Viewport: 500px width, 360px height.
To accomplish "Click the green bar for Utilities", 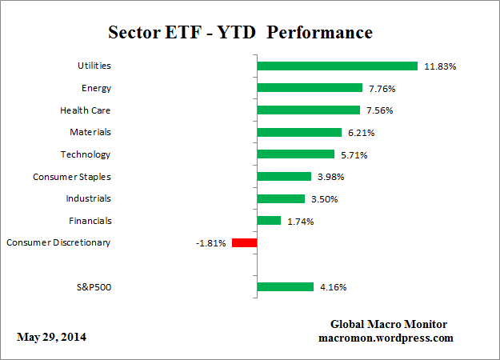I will (x=336, y=66).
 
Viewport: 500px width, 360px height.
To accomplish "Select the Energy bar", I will (x=310, y=88).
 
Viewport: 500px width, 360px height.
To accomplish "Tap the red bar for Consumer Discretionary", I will (x=243, y=242).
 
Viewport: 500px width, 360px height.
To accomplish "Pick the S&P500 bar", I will (x=284, y=286).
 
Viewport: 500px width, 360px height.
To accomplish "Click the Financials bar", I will (x=268, y=220).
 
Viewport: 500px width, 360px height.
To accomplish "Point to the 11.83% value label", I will (x=440, y=66).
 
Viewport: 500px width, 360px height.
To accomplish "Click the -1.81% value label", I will (x=210, y=242).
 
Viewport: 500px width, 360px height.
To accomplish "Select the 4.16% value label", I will (x=333, y=286).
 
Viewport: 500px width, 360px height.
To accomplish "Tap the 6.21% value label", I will (x=361, y=132).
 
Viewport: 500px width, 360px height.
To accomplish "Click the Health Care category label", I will (x=85, y=110).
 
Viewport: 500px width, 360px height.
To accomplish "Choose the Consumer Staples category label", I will (x=71, y=176).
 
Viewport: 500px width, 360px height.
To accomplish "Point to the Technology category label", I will (x=85, y=154).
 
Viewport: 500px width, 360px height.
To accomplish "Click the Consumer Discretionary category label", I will (x=58, y=242).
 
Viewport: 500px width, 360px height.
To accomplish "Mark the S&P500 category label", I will (x=91, y=286).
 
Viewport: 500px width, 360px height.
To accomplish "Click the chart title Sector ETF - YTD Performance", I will (x=240, y=33).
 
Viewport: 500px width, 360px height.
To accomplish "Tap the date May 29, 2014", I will (x=52, y=337).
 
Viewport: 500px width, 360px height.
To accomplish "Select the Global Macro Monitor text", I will (x=389, y=324).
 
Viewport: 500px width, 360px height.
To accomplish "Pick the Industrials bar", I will (x=280, y=198).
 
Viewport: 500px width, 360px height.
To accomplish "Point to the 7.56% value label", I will (x=380, y=110).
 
